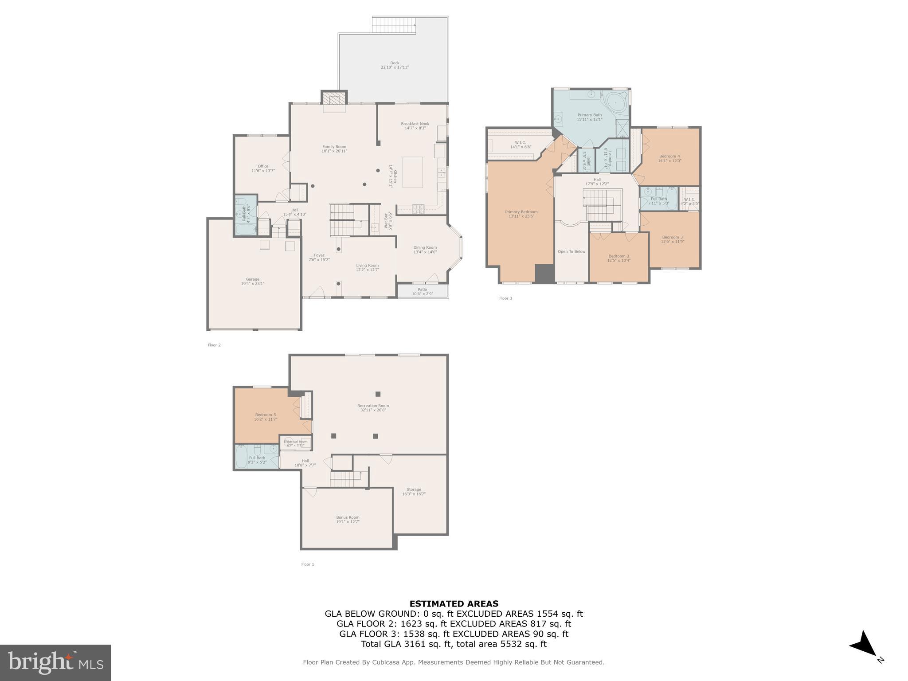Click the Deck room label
[394, 63]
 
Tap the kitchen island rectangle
[412, 172]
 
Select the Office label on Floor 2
[263, 166]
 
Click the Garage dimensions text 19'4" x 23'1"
[253, 284]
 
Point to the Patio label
[422, 290]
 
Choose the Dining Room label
[425, 248]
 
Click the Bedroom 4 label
[669, 156]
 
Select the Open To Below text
[571, 252]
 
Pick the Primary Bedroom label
[521, 212]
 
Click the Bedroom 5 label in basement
[266, 415]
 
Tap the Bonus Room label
[348, 517]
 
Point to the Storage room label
[414, 489]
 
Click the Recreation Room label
[373, 406]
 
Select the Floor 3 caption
[505, 298]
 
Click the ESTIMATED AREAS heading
[454, 603]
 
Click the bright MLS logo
[55, 663]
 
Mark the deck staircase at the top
[394, 25]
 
